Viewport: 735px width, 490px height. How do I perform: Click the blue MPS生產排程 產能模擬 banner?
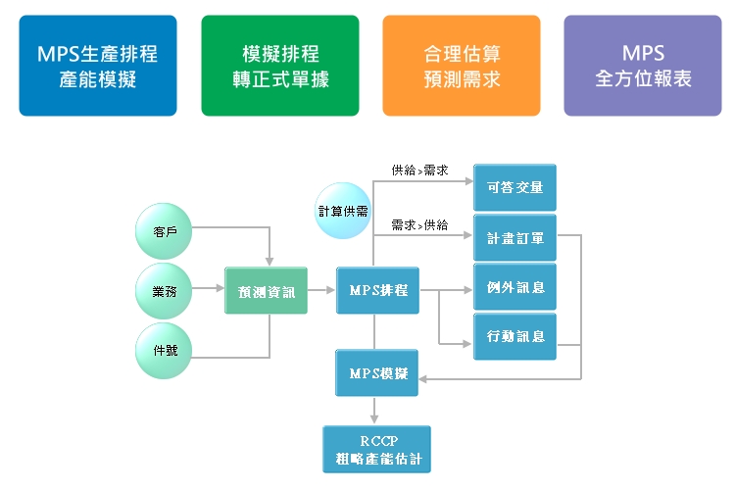(x=97, y=66)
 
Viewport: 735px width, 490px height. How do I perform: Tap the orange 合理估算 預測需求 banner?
(x=461, y=66)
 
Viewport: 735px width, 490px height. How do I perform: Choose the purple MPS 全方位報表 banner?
(x=643, y=66)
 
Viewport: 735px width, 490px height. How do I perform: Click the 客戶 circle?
(x=165, y=230)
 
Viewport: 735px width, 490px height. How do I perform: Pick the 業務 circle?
(x=165, y=290)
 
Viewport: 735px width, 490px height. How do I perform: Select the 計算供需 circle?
(x=343, y=210)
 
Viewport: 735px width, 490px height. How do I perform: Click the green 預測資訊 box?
(x=266, y=290)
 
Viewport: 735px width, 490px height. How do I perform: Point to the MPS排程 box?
(x=377, y=290)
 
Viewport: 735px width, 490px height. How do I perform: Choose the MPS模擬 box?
(x=377, y=372)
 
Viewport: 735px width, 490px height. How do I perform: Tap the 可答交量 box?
(x=514, y=187)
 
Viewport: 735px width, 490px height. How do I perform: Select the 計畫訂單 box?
(x=514, y=237)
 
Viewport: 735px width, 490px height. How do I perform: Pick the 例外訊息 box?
(x=514, y=287)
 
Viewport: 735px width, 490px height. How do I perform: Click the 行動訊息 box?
(x=514, y=337)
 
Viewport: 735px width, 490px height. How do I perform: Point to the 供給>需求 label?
(x=419, y=171)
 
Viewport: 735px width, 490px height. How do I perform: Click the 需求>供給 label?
(x=419, y=224)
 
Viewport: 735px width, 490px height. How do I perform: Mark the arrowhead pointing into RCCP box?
(x=374, y=419)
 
